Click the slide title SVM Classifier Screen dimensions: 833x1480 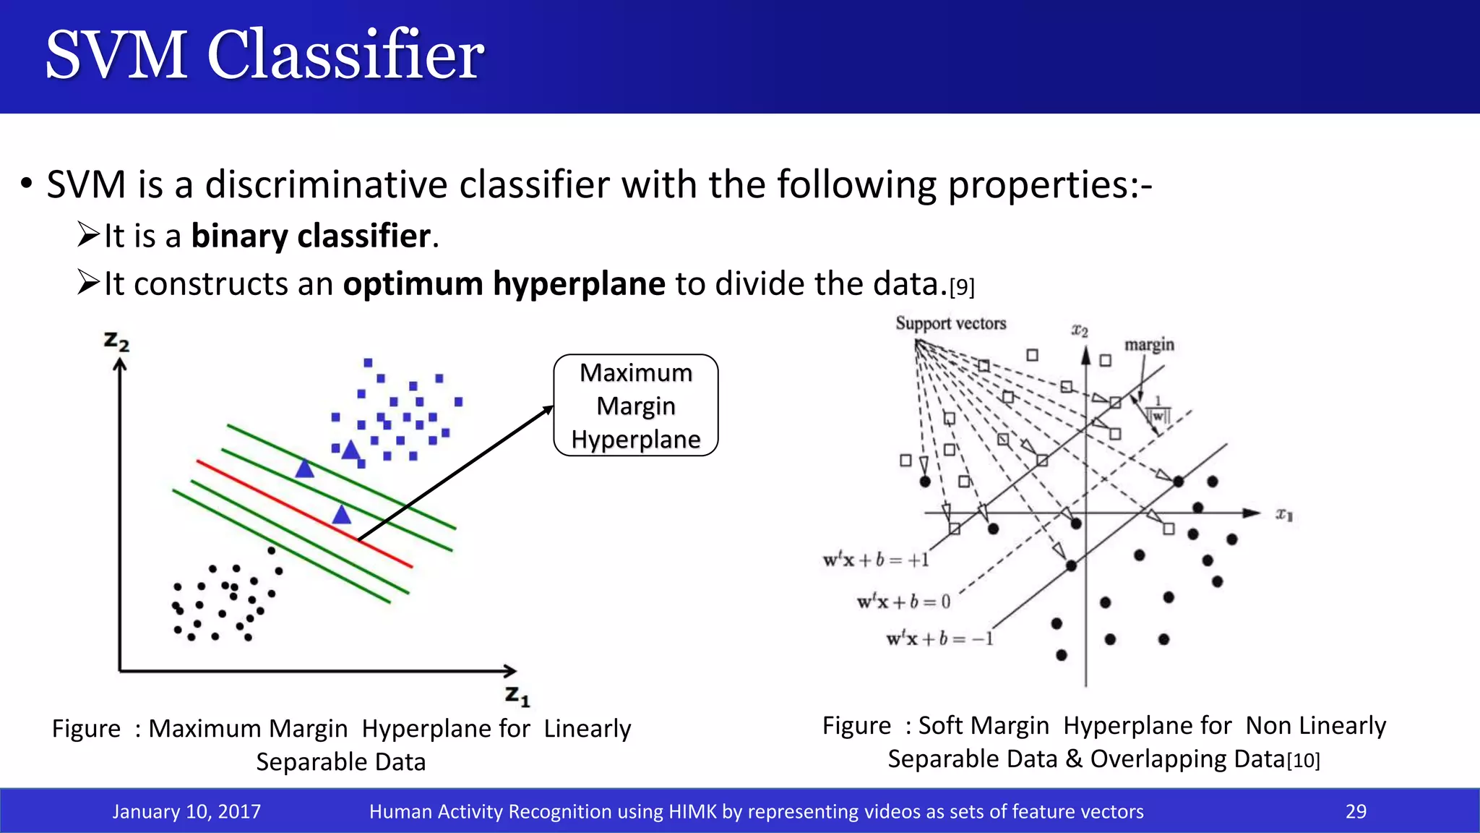coord(264,55)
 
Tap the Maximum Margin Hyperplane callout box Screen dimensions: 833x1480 coord(635,406)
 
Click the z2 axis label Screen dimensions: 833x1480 coord(116,341)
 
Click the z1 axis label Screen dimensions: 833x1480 coord(517,696)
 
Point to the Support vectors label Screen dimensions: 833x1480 coord(950,323)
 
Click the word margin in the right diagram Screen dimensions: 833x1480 coord(1149,345)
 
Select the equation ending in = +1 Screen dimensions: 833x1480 coord(876,560)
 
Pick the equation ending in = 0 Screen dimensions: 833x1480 coord(903,602)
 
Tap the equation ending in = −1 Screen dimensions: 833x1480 coord(939,639)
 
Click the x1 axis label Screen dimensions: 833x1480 coord(1283,515)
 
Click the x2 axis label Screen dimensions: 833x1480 coord(1079,330)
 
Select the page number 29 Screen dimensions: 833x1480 coord(1356,811)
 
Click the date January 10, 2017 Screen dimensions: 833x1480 coord(186,811)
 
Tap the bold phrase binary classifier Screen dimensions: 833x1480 coord(311,236)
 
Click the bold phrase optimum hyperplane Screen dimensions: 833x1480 coord(504,283)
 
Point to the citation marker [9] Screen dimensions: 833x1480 coord(962,288)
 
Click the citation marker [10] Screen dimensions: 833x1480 coord(1303,761)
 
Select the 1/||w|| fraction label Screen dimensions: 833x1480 coord(1158,410)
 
